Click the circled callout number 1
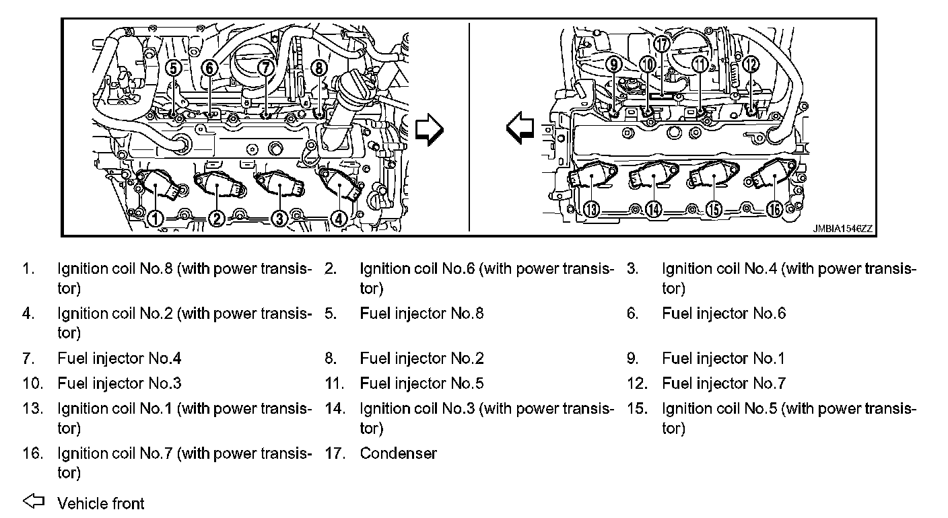[156, 218]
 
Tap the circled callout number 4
[339, 218]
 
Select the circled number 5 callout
[174, 68]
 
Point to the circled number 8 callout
[320, 67]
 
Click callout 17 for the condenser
[663, 44]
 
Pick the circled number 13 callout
[591, 209]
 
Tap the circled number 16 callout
[774, 209]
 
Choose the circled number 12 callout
[751, 65]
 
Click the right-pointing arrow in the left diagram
[430, 129]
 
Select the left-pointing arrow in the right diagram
[520, 126]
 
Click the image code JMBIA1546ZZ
[842, 229]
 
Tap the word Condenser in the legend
[398, 453]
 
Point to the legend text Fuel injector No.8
[421, 313]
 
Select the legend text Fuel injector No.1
[723, 359]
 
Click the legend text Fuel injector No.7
[724, 383]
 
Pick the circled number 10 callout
[647, 65]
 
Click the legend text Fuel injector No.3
[119, 383]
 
